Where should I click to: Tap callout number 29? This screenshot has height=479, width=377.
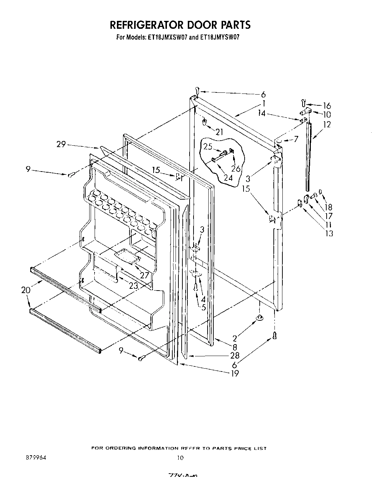[x=61, y=144]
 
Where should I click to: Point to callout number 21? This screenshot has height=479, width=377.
[x=219, y=132]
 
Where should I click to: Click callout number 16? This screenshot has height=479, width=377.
[x=327, y=106]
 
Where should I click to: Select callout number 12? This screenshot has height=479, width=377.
[x=327, y=124]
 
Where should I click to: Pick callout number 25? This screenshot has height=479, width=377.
[x=208, y=147]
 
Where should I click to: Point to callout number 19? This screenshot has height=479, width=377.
[x=235, y=373]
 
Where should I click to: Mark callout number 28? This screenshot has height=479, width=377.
[x=235, y=356]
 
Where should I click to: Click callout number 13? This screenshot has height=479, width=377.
[x=329, y=233]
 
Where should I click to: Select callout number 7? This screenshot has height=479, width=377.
[x=296, y=139]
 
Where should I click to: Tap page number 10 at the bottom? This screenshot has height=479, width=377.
[x=180, y=458]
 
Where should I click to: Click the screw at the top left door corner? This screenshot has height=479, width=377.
[x=197, y=90]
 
